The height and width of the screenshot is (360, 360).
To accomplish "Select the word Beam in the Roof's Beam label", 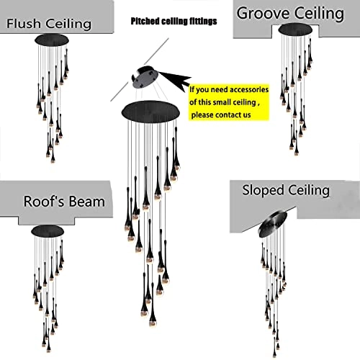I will [86, 202].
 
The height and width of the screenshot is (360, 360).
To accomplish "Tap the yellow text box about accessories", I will [230, 102].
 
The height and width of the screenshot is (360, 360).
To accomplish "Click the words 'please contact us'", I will [220, 114].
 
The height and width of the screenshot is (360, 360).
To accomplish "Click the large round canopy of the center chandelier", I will [150, 112].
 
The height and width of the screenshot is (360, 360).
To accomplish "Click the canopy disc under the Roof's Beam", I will [47, 232].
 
